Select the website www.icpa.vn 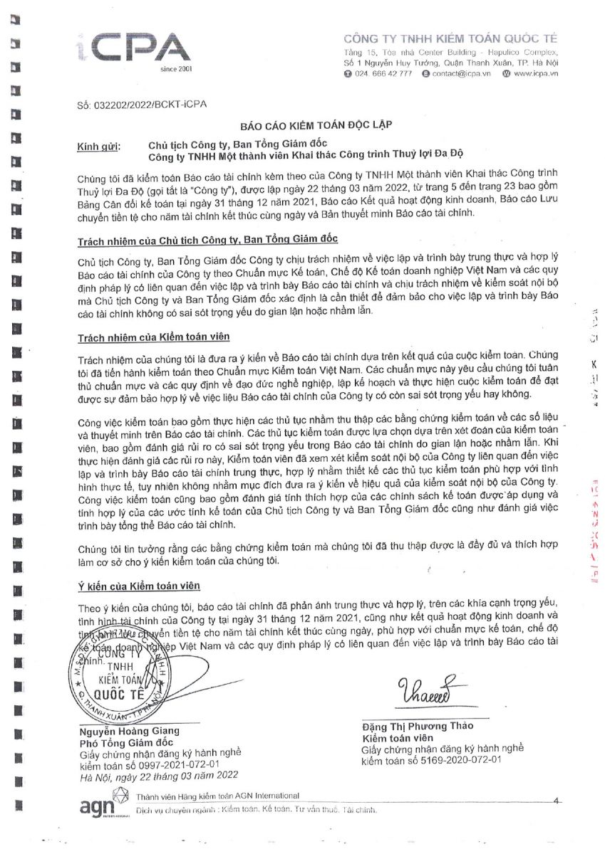pyautogui.click(x=535, y=73)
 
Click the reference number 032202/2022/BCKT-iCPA pyautogui.click(x=141, y=105)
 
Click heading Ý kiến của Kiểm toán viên pyautogui.click(x=139, y=586)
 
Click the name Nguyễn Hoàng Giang pyautogui.click(x=129, y=731)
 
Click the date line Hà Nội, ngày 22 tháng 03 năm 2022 pyautogui.click(x=158, y=775)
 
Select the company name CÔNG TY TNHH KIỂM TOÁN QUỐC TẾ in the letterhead pyautogui.click(x=450, y=38)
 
